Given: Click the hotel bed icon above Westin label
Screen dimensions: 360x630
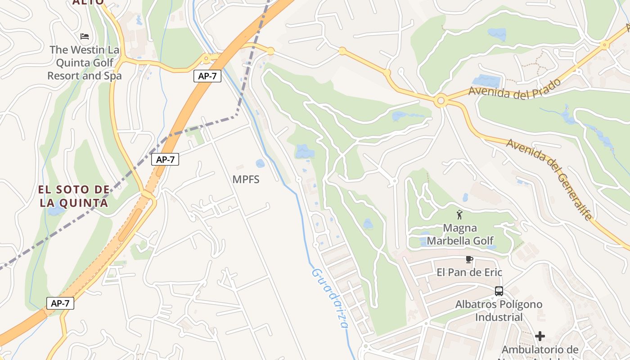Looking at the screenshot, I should (x=84, y=36).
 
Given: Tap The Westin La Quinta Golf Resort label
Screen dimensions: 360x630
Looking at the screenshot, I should (x=85, y=63).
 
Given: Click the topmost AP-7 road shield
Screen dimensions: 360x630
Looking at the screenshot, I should (x=207, y=76).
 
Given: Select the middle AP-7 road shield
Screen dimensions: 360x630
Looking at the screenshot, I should (x=166, y=159).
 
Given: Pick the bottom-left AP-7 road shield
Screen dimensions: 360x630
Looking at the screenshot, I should (x=60, y=303).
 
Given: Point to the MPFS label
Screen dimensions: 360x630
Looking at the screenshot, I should (x=246, y=179).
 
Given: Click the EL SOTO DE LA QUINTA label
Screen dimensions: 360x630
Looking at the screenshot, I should (x=74, y=196).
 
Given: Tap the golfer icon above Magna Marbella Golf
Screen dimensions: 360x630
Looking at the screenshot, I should (x=459, y=215).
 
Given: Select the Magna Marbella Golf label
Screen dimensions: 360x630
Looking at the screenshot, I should (x=460, y=234).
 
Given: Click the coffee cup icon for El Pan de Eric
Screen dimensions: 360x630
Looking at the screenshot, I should (x=469, y=260).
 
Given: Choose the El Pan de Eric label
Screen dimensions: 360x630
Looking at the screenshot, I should (x=469, y=272).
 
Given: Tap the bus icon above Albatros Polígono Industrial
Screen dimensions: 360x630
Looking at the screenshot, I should (x=499, y=291).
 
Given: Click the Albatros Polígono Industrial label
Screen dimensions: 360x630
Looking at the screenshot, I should (x=499, y=310).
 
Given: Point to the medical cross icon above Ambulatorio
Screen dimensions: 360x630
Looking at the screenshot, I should (x=540, y=336).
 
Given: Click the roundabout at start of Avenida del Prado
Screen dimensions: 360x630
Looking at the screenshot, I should (x=441, y=101).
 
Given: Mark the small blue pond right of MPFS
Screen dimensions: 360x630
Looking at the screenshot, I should (x=260, y=163).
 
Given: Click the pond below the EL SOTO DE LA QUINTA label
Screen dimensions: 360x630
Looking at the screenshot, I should (x=56, y=211).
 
